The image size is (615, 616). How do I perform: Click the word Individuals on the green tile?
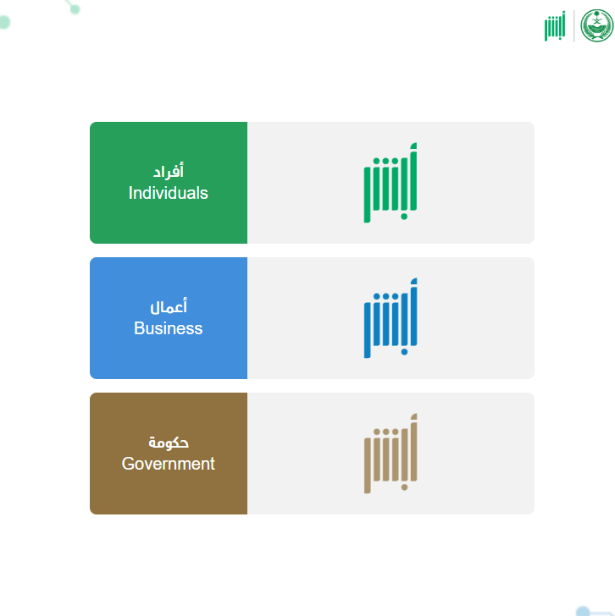tap(169, 193)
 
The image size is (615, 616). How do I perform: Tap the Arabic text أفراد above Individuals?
tap(169, 171)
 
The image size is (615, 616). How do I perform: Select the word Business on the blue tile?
tap(169, 328)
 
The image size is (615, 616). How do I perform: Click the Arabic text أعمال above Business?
tap(169, 306)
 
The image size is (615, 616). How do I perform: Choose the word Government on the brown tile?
tap(169, 464)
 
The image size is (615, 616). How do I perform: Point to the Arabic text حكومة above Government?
tap(169, 443)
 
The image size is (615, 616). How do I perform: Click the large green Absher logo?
tap(391, 183)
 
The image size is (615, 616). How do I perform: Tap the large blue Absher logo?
tap(391, 318)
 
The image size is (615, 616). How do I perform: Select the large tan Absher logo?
tap(391, 454)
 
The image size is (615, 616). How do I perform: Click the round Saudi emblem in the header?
tap(597, 25)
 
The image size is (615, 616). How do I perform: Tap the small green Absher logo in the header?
tap(555, 25)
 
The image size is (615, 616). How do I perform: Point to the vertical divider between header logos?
tap(574, 26)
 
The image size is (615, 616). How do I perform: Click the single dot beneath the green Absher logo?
tap(404, 217)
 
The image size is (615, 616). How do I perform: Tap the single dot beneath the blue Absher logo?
tap(404, 352)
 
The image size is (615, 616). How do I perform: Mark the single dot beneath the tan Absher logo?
tap(404, 487)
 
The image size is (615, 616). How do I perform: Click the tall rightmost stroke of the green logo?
tap(413, 177)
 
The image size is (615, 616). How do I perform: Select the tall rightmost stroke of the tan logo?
tap(413, 448)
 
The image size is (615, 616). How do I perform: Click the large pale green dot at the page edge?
tap(4, 22)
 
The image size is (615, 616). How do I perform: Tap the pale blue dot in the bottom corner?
tap(582, 611)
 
